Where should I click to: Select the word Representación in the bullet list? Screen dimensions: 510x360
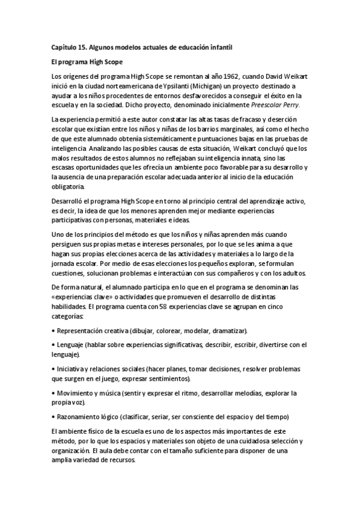[x=81, y=331]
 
